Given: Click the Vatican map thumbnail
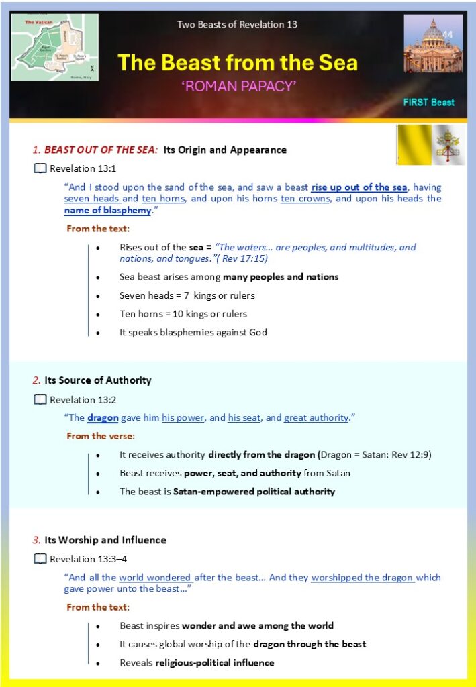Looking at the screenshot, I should click(x=55, y=47).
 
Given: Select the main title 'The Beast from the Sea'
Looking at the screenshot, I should click(x=238, y=63).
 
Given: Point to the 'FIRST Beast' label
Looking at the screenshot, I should click(x=429, y=103).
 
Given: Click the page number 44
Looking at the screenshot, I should click(x=448, y=35).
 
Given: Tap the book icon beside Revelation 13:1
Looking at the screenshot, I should click(x=40, y=168).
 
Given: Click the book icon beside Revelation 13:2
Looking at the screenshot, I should click(x=40, y=399).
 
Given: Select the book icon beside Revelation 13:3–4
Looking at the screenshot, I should click(x=40, y=558).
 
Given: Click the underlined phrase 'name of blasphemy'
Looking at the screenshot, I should click(x=107, y=211).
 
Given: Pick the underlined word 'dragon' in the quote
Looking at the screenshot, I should click(x=103, y=417).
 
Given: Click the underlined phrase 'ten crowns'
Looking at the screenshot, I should click(x=305, y=199).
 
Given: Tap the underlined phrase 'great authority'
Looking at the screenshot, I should click(x=316, y=417).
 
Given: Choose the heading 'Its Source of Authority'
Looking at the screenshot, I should click(x=98, y=380).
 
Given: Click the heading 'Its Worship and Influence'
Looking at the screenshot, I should click(x=105, y=540).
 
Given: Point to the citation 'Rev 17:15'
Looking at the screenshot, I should click(x=254, y=258).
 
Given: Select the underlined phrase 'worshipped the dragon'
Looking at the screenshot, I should click(x=363, y=577).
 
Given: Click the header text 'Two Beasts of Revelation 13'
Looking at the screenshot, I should click(x=237, y=25).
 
